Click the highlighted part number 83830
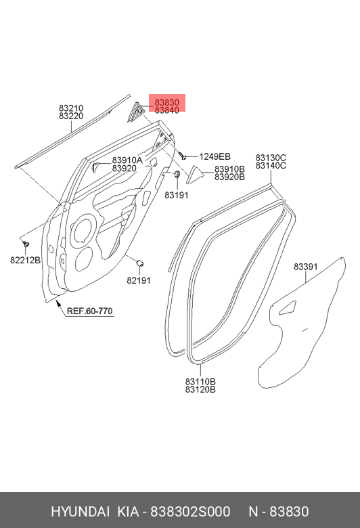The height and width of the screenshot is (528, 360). point(166,102)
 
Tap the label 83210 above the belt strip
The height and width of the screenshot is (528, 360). point(71,108)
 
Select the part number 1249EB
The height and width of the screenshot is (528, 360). point(215,156)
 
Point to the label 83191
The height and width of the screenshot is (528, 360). point(177,195)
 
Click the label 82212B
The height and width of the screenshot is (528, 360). point(25,261)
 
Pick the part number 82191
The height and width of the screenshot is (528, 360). point(139,280)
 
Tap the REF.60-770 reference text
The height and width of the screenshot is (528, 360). point(89,311)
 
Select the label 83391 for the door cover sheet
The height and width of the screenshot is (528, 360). point(306,267)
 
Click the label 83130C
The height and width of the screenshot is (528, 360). point(271,158)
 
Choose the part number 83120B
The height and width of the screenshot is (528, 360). point(200,390)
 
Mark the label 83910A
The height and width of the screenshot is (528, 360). point(127,160)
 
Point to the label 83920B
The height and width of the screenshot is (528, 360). point(229,177)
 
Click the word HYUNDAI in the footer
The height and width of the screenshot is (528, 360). point(80,512)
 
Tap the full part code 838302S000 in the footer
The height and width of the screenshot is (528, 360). point(190,512)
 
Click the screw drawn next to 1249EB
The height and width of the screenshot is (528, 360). point(183,156)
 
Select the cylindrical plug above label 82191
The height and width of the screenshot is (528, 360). point(140,263)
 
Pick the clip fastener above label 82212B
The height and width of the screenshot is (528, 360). point(26,243)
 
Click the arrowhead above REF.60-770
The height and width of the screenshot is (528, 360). point(58,303)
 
